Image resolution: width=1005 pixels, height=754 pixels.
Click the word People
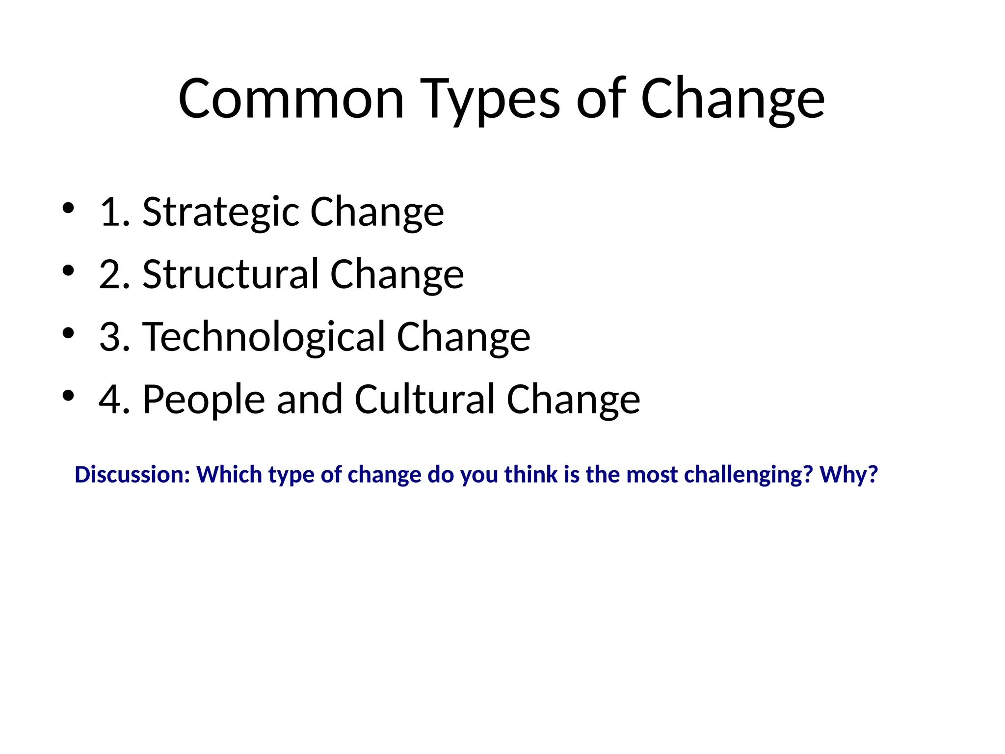[204, 399]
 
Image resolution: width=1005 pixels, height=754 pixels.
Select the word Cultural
[424, 399]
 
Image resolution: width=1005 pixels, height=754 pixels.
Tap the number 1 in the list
[110, 212]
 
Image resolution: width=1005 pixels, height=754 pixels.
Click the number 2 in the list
[110, 274]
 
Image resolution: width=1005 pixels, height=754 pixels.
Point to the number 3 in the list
[110, 337]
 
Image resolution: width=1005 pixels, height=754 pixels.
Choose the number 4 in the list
[110, 399]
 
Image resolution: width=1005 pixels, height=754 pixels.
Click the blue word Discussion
[132, 475]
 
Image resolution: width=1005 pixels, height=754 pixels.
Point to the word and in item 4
[309, 399]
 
